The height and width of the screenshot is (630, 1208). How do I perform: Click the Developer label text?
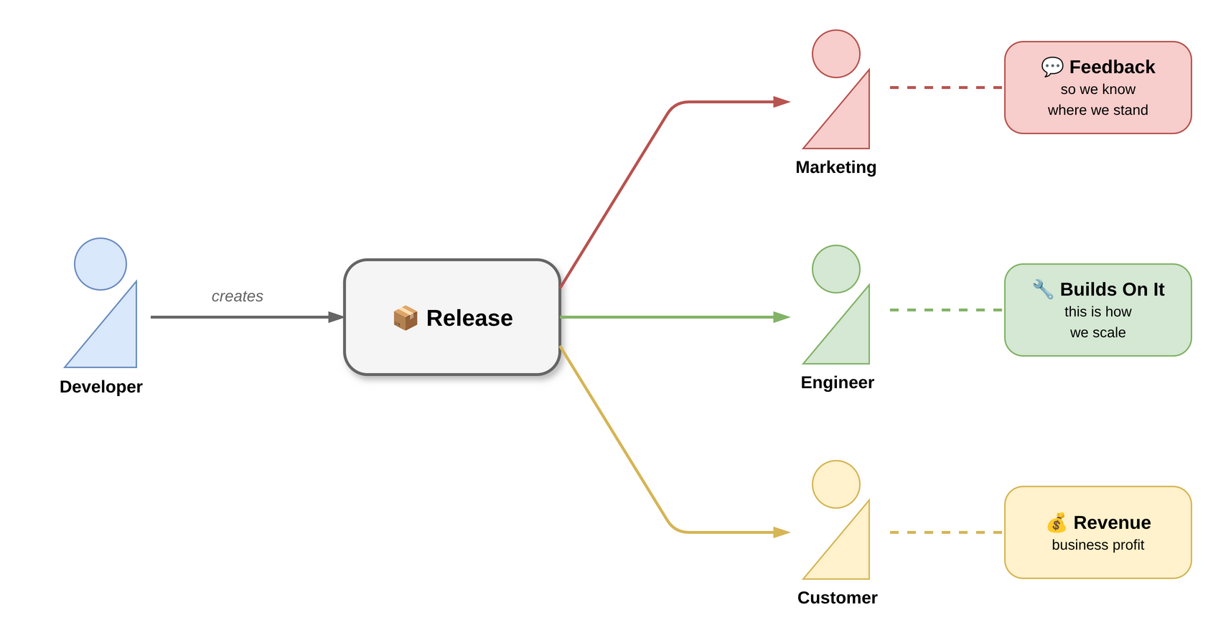point(101,387)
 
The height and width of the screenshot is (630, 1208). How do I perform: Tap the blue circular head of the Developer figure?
point(100,264)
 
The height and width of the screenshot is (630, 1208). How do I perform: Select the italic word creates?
point(237,296)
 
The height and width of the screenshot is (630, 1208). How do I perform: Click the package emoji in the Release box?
point(406,318)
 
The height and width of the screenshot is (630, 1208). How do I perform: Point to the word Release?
point(469,318)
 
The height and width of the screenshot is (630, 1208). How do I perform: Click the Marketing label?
point(835,167)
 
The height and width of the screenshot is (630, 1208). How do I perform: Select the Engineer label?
point(837,382)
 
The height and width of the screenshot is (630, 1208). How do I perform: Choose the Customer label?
point(837,598)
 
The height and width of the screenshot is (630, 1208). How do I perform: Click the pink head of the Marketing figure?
point(836,54)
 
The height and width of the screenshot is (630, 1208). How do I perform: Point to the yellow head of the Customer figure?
point(836,484)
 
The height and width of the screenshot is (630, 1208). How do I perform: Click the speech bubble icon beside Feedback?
point(1052,67)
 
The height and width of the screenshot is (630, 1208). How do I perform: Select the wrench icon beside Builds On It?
point(1043,290)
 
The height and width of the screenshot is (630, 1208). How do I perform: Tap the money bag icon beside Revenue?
point(1057,522)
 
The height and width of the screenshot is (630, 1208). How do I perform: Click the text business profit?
point(1097,545)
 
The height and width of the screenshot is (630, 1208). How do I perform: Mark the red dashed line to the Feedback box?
point(946,88)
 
